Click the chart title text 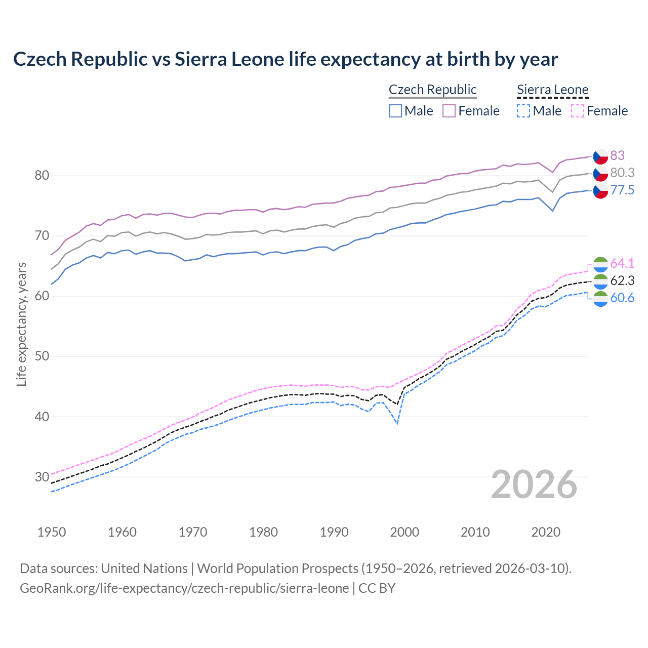click(x=286, y=59)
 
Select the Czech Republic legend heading click(x=432, y=90)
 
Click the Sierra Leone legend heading click(x=552, y=90)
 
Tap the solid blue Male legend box click(x=395, y=111)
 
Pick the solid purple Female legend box click(x=449, y=111)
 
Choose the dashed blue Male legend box click(x=523, y=111)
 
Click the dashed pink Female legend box click(x=578, y=111)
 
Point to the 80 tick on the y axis click(x=42, y=176)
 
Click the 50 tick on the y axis click(x=42, y=356)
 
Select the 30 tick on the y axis click(x=42, y=477)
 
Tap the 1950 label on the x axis click(x=52, y=532)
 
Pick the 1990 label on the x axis click(x=334, y=532)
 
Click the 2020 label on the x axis click(x=546, y=532)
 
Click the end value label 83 click(x=617, y=155)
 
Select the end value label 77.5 click(x=622, y=190)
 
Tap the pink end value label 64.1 click(x=622, y=263)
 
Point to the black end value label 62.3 click(x=622, y=280)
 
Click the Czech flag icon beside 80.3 click(x=600, y=173)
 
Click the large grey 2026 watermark click(x=534, y=484)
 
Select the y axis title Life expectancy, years click(x=21, y=324)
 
